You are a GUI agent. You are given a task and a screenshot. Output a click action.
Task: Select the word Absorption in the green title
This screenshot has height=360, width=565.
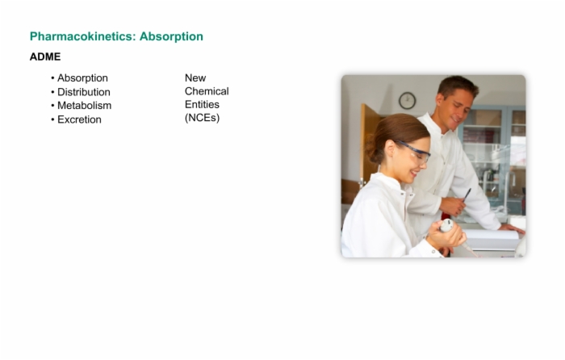171,36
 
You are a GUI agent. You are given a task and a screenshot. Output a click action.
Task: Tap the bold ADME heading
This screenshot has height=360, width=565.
45,57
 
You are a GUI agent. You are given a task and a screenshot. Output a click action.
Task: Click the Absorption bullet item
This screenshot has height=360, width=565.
82,78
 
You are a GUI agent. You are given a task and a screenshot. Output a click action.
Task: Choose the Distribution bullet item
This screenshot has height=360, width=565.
84,92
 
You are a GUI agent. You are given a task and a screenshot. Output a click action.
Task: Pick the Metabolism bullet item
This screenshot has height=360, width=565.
84,106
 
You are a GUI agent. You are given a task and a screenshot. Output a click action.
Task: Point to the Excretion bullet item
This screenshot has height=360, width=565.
79,119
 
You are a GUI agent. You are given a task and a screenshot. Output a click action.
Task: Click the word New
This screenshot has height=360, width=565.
195,77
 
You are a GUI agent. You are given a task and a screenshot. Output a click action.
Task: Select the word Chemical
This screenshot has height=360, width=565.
207,91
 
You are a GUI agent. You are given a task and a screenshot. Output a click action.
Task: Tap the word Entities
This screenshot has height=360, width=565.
202,104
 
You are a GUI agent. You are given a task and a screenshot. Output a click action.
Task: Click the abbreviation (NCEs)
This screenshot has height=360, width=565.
202,118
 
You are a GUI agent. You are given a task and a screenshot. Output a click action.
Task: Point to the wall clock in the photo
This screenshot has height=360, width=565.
407,101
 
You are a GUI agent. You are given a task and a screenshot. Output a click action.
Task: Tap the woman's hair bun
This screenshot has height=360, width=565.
371,149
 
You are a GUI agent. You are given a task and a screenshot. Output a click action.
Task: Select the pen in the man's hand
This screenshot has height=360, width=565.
467,195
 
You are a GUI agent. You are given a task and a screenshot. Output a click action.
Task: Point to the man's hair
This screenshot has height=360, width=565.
458,86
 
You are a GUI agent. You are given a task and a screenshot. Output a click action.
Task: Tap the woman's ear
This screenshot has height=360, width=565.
390,149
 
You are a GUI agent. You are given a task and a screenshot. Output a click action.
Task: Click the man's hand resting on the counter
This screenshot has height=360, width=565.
512,228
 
